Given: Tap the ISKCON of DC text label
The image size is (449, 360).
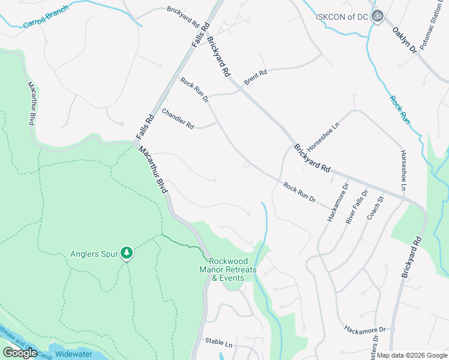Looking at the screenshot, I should pyautogui.click(x=340, y=16).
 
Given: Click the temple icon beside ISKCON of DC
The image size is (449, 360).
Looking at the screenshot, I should pyautogui.click(x=377, y=16).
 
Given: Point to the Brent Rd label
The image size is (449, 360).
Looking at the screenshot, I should pyautogui.click(x=255, y=76).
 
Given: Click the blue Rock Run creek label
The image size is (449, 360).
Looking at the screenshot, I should pyautogui.click(x=399, y=110).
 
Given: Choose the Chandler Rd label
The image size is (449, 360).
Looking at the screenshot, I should pyautogui.click(x=178, y=118).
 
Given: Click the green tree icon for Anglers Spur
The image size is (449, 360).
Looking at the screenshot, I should pyautogui.click(x=126, y=253).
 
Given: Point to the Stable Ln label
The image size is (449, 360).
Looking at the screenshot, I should pyautogui.click(x=218, y=343).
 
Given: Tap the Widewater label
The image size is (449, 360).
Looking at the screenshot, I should pyautogui.click(x=73, y=354).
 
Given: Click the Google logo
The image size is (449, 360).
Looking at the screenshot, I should pyautogui.click(x=20, y=353).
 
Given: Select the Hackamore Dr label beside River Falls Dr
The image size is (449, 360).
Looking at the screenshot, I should pyautogui.click(x=337, y=202).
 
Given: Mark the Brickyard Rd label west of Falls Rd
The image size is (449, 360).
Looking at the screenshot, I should pyautogui.click(x=182, y=18).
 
